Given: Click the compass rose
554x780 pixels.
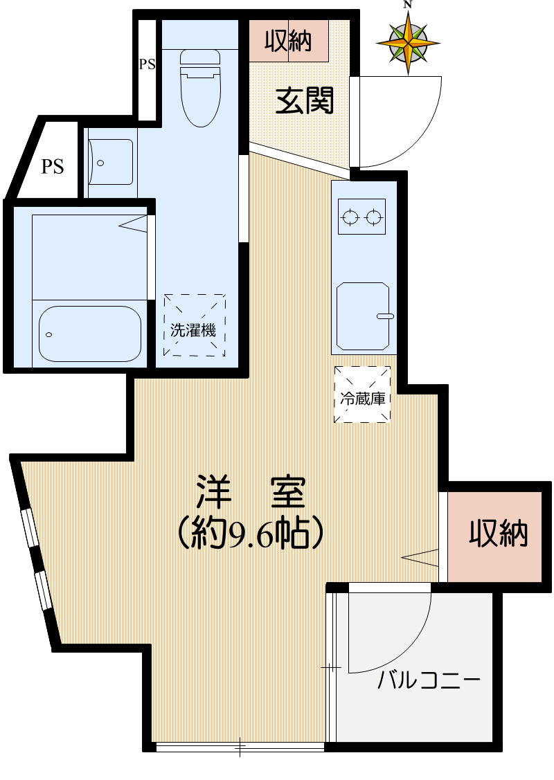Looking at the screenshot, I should coord(408,42).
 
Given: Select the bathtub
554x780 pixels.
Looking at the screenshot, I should coord(89,334).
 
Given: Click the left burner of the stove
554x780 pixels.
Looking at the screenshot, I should coord(350,219).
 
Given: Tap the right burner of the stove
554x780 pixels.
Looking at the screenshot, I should coord(374,219).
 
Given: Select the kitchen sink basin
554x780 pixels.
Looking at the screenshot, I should coord(362,315).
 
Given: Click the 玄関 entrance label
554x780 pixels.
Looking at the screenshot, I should coord(305,101).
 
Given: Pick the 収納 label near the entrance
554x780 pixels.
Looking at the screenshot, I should coord(288,43).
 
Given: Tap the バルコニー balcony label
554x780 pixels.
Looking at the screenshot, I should coord(429,681).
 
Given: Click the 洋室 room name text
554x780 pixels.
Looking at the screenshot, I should coord(250,493).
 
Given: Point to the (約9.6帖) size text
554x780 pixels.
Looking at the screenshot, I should coord(250,533).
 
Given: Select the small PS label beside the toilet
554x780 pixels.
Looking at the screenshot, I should coord(147,65).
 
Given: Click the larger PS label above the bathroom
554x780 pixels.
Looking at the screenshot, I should coord(53,166).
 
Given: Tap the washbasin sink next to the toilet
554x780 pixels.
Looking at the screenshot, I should coord(111,162).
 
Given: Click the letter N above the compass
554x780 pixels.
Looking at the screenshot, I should coord(408,5).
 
